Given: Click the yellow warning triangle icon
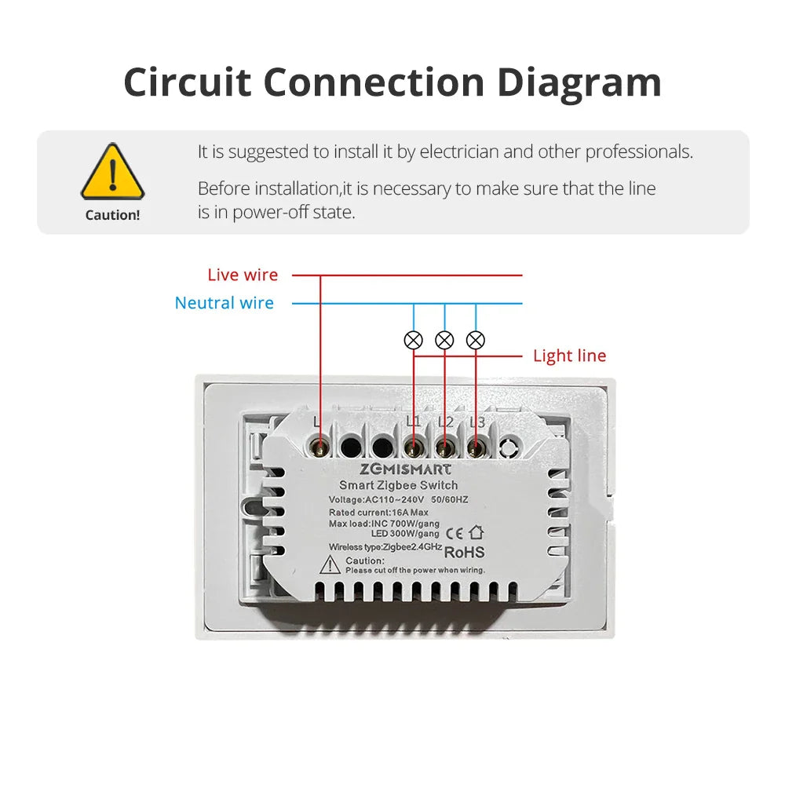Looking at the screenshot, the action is [112, 172].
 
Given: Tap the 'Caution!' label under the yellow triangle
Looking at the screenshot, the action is [112, 215].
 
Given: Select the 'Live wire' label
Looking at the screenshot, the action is [243, 275].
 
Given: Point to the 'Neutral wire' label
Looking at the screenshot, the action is [225, 303].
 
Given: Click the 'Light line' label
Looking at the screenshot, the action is [570, 356].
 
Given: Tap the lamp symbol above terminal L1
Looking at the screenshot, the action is [414, 341].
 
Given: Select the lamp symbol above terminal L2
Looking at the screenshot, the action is [444, 341].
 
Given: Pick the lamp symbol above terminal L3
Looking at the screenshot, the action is [476, 341].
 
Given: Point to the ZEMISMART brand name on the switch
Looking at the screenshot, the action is [406, 469].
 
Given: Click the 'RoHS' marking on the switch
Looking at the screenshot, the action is [465, 553].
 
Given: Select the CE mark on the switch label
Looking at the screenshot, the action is [455, 534].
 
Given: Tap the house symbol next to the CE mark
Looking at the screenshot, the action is [476, 532].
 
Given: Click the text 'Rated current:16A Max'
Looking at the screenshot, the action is [378, 513].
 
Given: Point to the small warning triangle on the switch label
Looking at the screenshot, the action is [330, 565].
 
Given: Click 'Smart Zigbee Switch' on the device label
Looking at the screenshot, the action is [399, 485].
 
